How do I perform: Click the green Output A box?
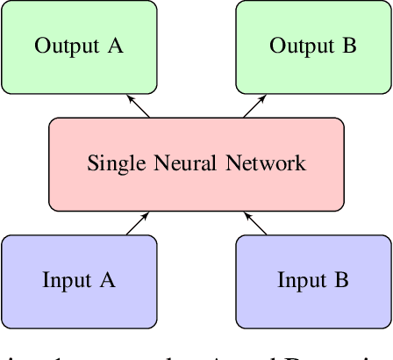pyautogui.click(x=79, y=47)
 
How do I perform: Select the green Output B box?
pyautogui.click(x=313, y=47)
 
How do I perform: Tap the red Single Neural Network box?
pyautogui.click(x=196, y=164)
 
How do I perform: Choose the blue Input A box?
pyautogui.click(x=79, y=280)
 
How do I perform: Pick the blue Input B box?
pyautogui.click(x=313, y=280)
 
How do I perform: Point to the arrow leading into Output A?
pyautogui.click(x=139, y=105)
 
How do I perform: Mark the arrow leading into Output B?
pyautogui.click(x=254, y=105)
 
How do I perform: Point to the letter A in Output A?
pyautogui.click(x=115, y=46)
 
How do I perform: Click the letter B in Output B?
pyautogui.click(x=350, y=46)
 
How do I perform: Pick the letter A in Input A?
pyautogui.click(x=108, y=280)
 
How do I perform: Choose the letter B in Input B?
pyautogui.click(x=342, y=280)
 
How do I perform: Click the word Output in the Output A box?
pyautogui.click(x=67, y=47)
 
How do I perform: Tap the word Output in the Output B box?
pyautogui.click(x=301, y=47)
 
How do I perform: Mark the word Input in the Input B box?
pyautogui.click(x=301, y=281)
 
